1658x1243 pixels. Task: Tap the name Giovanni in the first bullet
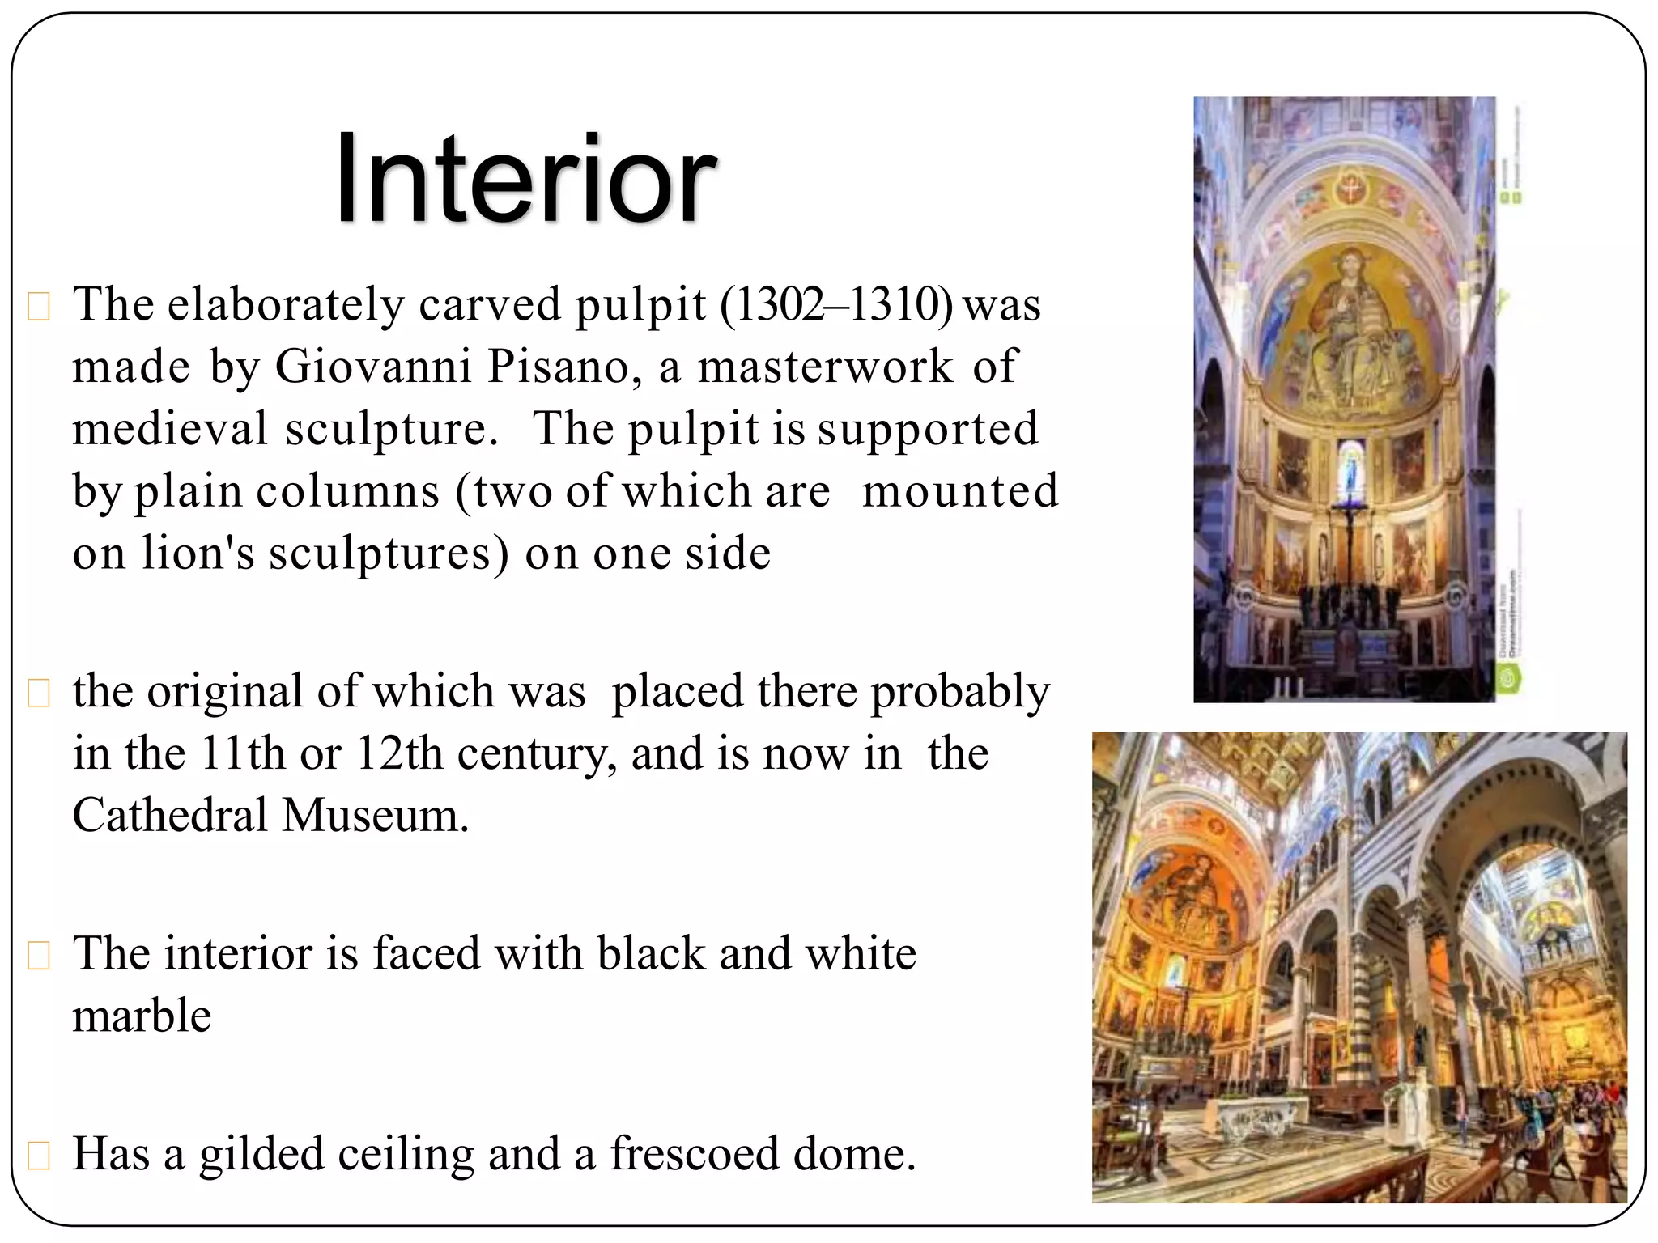(372, 367)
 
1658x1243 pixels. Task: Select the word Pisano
(559, 367)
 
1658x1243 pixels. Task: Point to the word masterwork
(825, 367)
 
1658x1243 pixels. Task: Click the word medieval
(169, 429)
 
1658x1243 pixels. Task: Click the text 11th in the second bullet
(243, 753)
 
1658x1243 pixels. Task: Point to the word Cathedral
(170, 816)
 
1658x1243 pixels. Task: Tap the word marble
(142, 1016)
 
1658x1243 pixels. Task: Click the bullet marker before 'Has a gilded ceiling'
(39, 1156)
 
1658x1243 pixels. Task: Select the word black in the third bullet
(651, 954)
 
